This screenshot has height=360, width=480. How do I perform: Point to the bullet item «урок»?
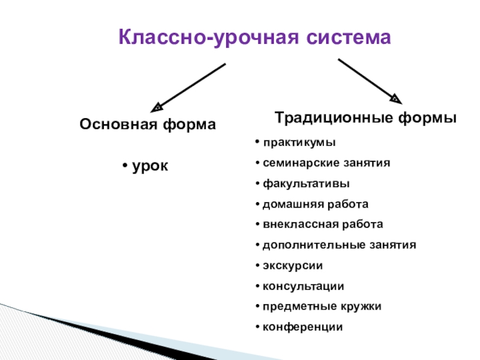coord(150,165)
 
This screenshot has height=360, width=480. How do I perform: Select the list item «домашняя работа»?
coord(316,204)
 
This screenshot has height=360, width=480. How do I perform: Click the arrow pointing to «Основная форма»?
coord(189,85)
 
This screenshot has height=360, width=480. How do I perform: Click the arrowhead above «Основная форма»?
coord(155,107)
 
